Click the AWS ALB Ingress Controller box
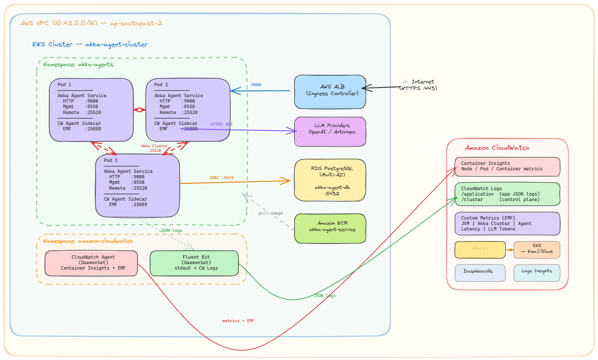coord(330,92)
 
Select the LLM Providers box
coord(330,131)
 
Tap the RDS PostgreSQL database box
coord(330,180)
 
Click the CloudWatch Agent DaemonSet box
coord(91,263)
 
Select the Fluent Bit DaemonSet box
coord(194,263)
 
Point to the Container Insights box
coord(507,166)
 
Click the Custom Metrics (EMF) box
coord(507,223)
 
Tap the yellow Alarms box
coord(480,249)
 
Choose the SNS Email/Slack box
coord(537,249)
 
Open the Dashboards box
coord(480,273)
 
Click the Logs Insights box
coord(537,273)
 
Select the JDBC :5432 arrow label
coord(221,178)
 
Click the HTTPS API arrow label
coord(221,124)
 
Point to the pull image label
coord(271,213)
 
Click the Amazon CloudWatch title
coord(497,148)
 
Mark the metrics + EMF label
coord(238,321)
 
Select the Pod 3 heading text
coord(111,160)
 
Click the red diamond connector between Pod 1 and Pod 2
coord(140,110)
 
